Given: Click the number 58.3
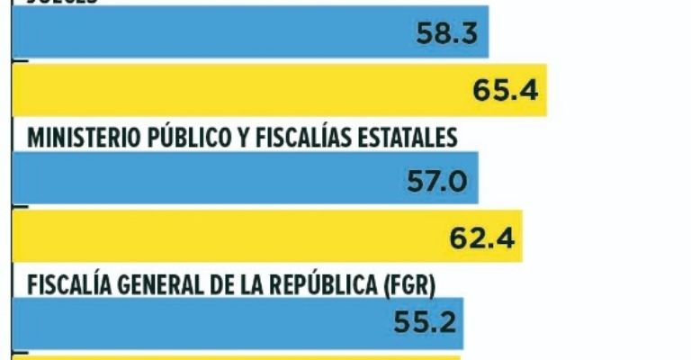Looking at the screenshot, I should point(446,34).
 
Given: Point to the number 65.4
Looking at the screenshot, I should point(505,91).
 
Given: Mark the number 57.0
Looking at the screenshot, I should point(435,181).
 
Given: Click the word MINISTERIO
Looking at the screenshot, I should point(78,138).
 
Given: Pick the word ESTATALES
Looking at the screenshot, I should point(408,138).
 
